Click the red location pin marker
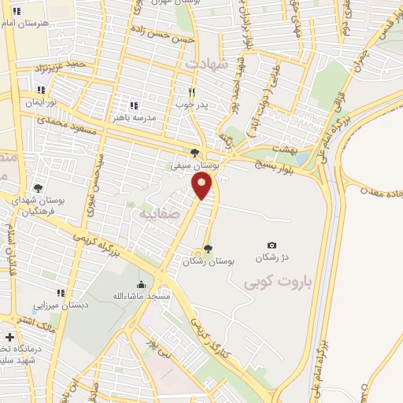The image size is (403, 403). pos(202,186)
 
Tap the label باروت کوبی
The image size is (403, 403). pos(270,281)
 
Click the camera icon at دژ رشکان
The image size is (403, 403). pos(272,246)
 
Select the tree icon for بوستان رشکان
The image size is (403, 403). pos(208,249)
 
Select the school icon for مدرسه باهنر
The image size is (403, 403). pos(133,105)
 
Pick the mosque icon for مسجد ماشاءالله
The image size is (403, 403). pos(141,284)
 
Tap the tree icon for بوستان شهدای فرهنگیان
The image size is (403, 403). pos(37,188)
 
